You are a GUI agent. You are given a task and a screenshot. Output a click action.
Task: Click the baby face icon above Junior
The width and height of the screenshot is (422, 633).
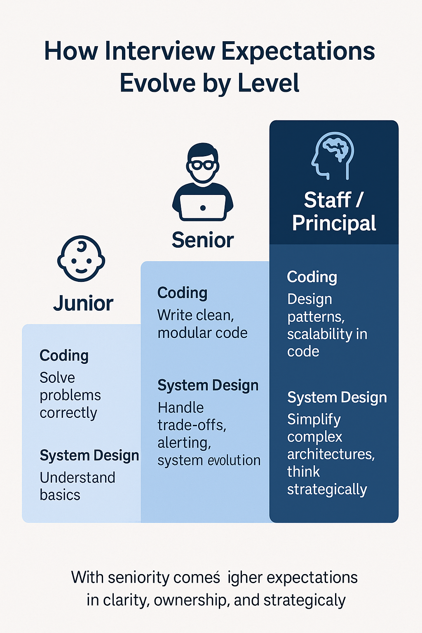(x=81, y=259)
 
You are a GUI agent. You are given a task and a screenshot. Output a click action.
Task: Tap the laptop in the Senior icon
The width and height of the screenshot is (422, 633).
(x=203, y=207)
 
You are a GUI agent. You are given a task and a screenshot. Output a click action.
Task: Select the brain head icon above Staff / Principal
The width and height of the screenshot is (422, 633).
(x=333, y=155)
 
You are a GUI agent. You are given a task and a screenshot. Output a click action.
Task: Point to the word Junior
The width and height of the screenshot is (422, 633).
(x=83, y=304)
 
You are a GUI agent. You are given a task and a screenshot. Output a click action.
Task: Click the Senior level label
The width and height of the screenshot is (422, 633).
(x=203, y=240)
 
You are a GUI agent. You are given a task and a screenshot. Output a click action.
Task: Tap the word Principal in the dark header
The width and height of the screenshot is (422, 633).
(x=334, y=223)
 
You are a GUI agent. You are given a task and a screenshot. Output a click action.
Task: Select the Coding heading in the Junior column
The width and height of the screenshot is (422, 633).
(x=64, y=356)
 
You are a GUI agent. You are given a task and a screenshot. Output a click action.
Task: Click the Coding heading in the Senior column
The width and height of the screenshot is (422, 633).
(x=182, y=293)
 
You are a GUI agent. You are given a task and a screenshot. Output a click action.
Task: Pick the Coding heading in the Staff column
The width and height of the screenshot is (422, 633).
(x=312, y=277)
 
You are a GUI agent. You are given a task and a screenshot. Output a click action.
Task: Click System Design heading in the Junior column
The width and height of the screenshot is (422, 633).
(x=89, y=455)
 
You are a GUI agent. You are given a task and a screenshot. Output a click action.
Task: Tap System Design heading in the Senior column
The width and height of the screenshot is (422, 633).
(x=208, y=385)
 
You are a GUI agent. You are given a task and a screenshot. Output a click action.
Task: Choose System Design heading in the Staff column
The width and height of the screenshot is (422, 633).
(x=337, y=397)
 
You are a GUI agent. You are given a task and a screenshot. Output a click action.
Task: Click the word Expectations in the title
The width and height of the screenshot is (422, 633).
(x=298, y=52)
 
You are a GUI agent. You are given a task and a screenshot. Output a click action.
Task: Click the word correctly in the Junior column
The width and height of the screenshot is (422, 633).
(x=68, y=413)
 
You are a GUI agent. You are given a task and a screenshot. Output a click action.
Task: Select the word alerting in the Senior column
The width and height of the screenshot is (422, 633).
(x=184, y=443)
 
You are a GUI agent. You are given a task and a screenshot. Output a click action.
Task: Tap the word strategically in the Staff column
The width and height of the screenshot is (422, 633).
(x=327, y=490)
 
